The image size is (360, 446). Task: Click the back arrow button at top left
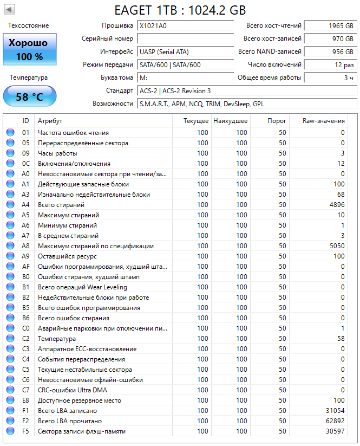[x=9, y=10]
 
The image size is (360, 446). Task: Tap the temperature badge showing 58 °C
[x=29, y=97]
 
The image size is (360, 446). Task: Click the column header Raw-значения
[x=323, y=121]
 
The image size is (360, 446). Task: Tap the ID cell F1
[x=25, y=411]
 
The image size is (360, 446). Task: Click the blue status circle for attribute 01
[x=10, y=133]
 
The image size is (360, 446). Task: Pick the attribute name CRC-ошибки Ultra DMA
[x=72, y=390]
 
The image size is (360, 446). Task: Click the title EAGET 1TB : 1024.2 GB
[x=180, y=10]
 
